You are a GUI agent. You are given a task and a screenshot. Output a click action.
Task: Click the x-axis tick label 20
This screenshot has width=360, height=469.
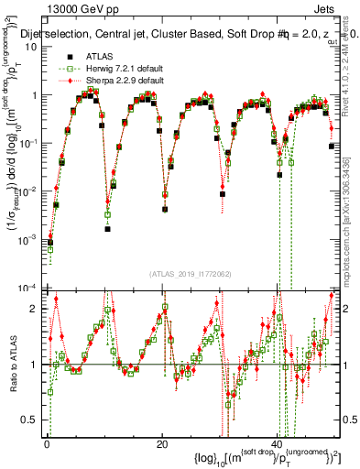coord(161,443)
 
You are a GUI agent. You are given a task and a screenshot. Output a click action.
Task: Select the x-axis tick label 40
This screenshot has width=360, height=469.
coord(277,443)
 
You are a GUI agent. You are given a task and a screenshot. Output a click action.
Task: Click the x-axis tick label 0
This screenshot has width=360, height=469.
coord(46,443)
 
